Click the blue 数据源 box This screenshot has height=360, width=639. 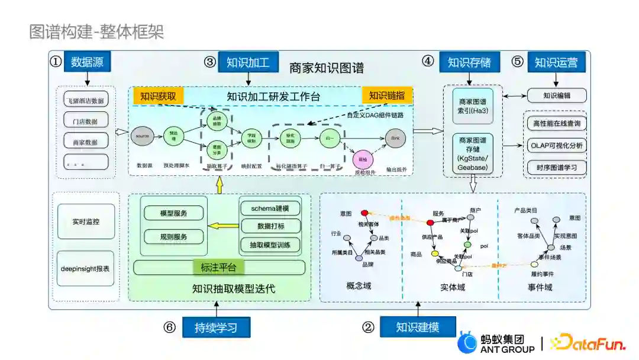tap(87, 62)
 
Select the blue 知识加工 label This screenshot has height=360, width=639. tap(248, 62)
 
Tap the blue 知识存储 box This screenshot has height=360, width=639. tap(469, 62)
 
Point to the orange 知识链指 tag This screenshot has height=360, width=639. tap(387, 96)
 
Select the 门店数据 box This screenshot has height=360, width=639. tap(86, 121)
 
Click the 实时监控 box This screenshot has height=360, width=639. tap(86, 221)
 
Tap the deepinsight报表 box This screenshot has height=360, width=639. tap(86, 268)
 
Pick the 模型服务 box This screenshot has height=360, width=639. tap(174, 213)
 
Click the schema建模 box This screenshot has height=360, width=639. tap(270, 208)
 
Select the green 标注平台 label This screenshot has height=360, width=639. tap(219, 268)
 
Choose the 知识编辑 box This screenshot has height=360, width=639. tap(556, 95)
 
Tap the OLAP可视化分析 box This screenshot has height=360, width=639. tap(556, 145)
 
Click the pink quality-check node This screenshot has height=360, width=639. tap(361, 159)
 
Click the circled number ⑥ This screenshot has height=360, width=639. tap(170, 327)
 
